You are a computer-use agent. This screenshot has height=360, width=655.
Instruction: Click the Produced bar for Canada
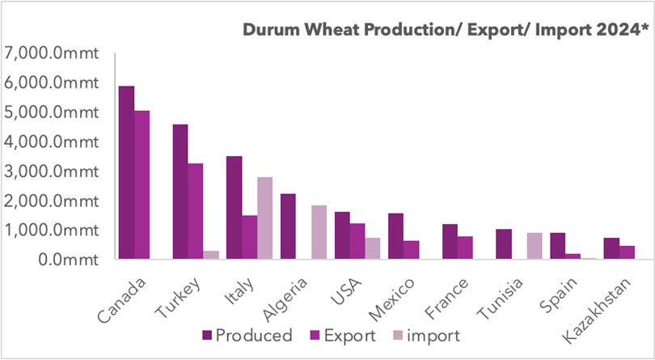pos(126,173)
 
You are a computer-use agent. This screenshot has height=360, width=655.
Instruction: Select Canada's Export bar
pos(142,185)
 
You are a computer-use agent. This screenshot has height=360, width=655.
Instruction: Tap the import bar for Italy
pos(264,218)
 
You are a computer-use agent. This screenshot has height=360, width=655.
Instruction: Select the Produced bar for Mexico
pos(395,236)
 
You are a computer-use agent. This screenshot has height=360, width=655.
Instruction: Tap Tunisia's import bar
pos(535,246)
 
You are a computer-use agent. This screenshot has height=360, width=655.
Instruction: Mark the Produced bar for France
pos(450,242)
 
